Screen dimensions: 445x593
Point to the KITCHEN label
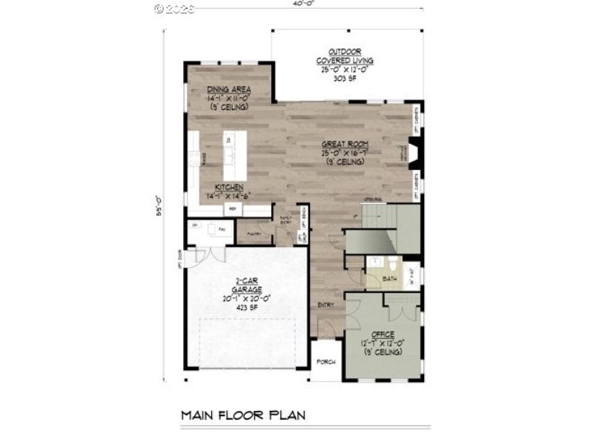[x=230, y=188]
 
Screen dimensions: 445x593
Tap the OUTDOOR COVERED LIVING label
[x=345, y=56]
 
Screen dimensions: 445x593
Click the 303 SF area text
[x=345, y=79]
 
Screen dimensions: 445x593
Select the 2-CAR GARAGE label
[x=247, y=286]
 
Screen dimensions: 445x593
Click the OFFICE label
[x=383, y=334]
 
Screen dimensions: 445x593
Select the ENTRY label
[x=326, y=305]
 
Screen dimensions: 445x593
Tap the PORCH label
[x=326, y=361]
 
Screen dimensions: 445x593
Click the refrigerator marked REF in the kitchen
[x=232, y=210]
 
